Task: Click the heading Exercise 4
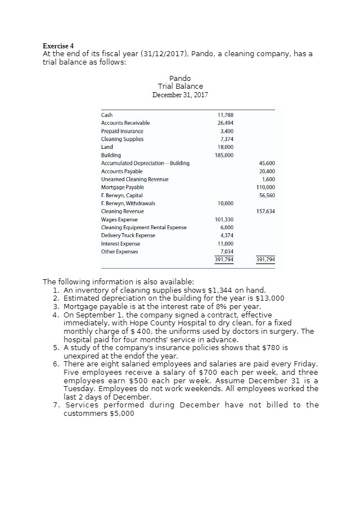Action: [58, 46]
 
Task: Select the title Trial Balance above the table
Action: [180, 86]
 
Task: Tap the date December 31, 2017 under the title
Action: [180, 94]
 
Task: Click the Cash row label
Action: [106, 115]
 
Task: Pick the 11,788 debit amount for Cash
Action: [225, 115]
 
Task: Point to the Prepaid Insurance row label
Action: [122, 131]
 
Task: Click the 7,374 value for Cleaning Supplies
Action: [226, 139]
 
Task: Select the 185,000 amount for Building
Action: [224, 155]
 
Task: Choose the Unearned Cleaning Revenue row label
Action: [134, 179]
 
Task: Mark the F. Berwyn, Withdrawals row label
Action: [128, 203]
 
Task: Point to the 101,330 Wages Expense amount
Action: [224, 219]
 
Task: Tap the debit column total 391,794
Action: [224, 260]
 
